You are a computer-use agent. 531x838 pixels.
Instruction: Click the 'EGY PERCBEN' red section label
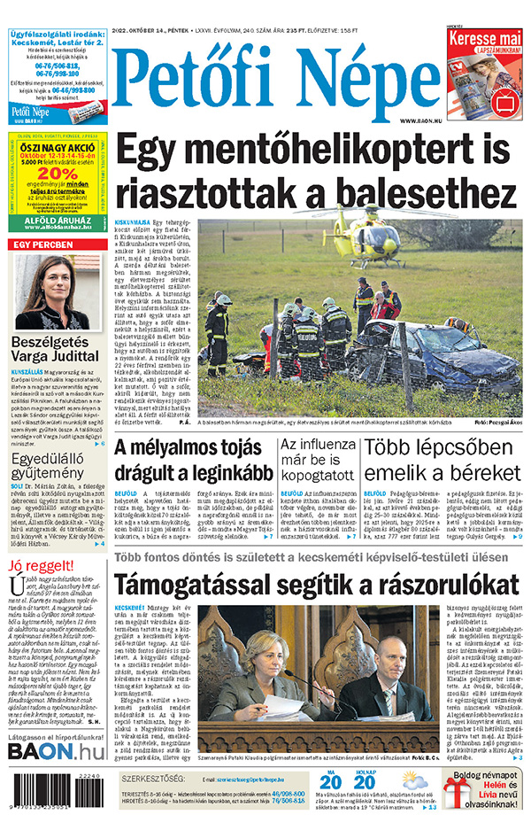(x=43, y=244)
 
